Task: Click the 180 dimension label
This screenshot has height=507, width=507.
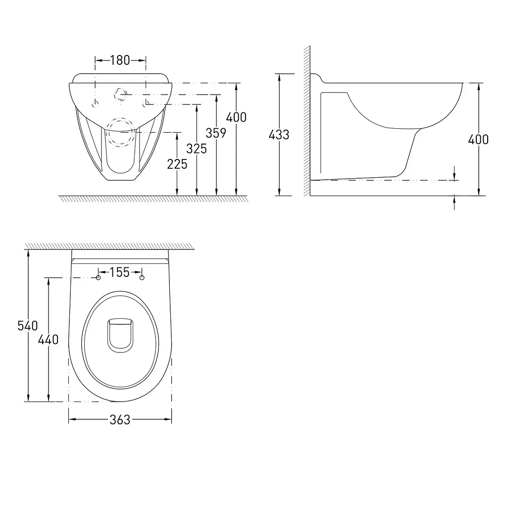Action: coord(120,60)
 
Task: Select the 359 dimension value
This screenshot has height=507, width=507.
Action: coord(216,133)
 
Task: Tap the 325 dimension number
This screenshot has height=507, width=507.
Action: coord(196,149)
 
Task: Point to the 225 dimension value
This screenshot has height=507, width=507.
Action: coord(177,164)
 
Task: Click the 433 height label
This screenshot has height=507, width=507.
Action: coord(279,135)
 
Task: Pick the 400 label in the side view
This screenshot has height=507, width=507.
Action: coord(478,140)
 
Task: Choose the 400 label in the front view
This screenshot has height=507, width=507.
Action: coord(236,117)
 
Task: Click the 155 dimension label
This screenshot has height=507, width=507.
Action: coord(120,272)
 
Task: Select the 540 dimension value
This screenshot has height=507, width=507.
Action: coord(28,326)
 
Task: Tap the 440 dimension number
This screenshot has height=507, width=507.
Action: coord(48,340)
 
